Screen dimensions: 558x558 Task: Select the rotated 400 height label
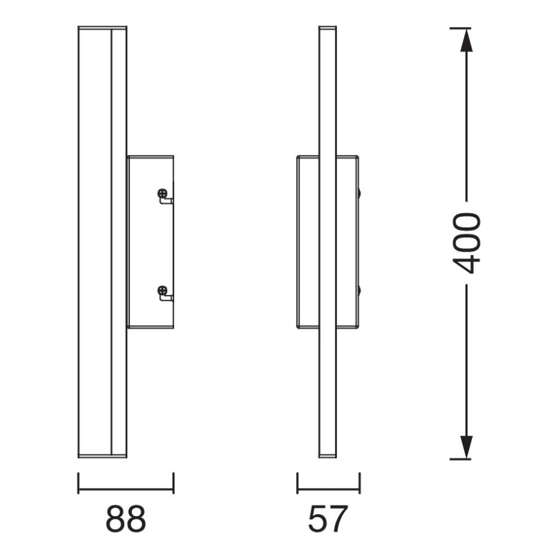pyautogui.click(x=467, y=243)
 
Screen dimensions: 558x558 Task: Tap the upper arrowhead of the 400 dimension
pyautogui.click(x=466, y=39)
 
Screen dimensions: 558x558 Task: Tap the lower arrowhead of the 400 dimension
pyautogui.click(x=466, y=447)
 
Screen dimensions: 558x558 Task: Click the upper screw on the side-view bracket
pyautogui.click(x=162, y=194)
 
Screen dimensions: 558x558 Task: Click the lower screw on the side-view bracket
pyautogui.click(x=162, y=291)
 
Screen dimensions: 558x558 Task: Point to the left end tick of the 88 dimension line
pyautogui.click(x=78, y=483)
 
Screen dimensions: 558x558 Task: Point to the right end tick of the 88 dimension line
pyautogui.click(x=174, y=483)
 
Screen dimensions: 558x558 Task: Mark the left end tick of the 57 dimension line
pyautogui.click(x=298, y=483)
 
